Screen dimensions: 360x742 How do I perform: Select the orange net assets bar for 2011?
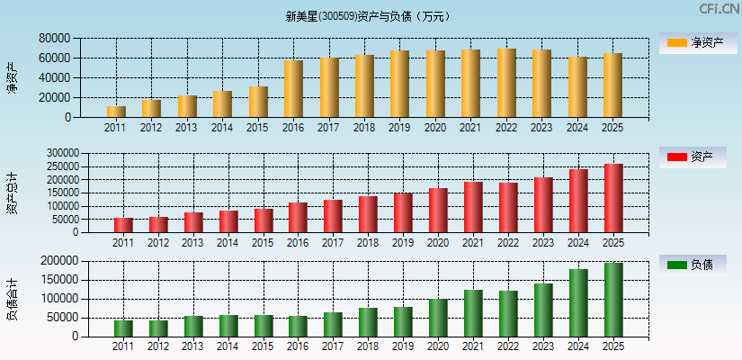tap(116, 112)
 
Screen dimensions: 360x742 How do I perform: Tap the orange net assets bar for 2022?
tap(506, 83)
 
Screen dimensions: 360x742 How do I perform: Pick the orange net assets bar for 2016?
tap(293, 89)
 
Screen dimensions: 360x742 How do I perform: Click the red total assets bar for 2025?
tap(613, 198)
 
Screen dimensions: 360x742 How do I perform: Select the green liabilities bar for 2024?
tap(578, 303)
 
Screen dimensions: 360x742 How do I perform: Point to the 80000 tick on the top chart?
tap(55, 39)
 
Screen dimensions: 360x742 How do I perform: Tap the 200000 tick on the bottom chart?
tap(80, 261)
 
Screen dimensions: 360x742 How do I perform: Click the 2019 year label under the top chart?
tap(399, 128)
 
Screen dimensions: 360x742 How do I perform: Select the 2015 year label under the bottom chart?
tap(263, 346)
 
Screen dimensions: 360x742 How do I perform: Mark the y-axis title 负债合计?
tap(12, 299)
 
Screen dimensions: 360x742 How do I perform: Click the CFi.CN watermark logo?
tap(719, 9)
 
